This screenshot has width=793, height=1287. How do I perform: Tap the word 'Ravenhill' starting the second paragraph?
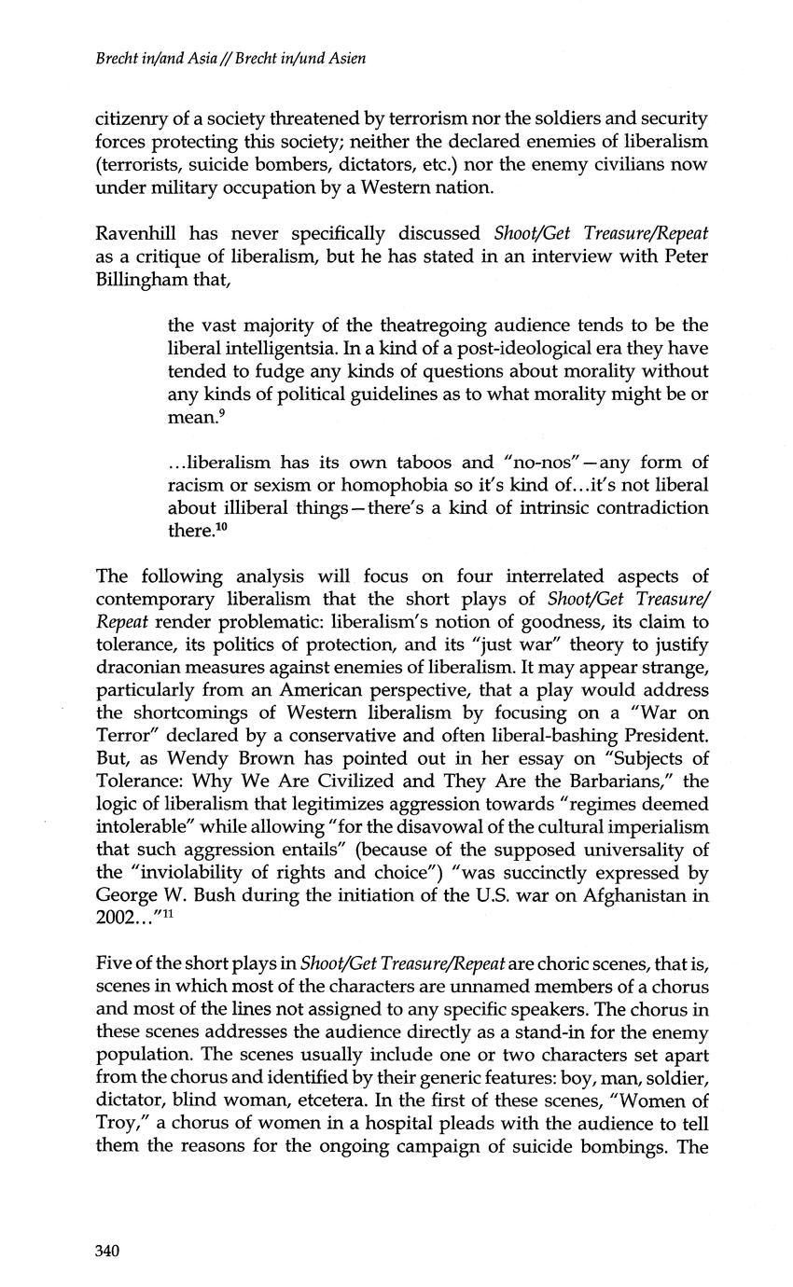click(x=135, y=232)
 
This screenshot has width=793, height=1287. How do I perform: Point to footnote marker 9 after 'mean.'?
click(x=219, y=411)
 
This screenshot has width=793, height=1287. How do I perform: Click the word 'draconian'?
click(x=136, y=667)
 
